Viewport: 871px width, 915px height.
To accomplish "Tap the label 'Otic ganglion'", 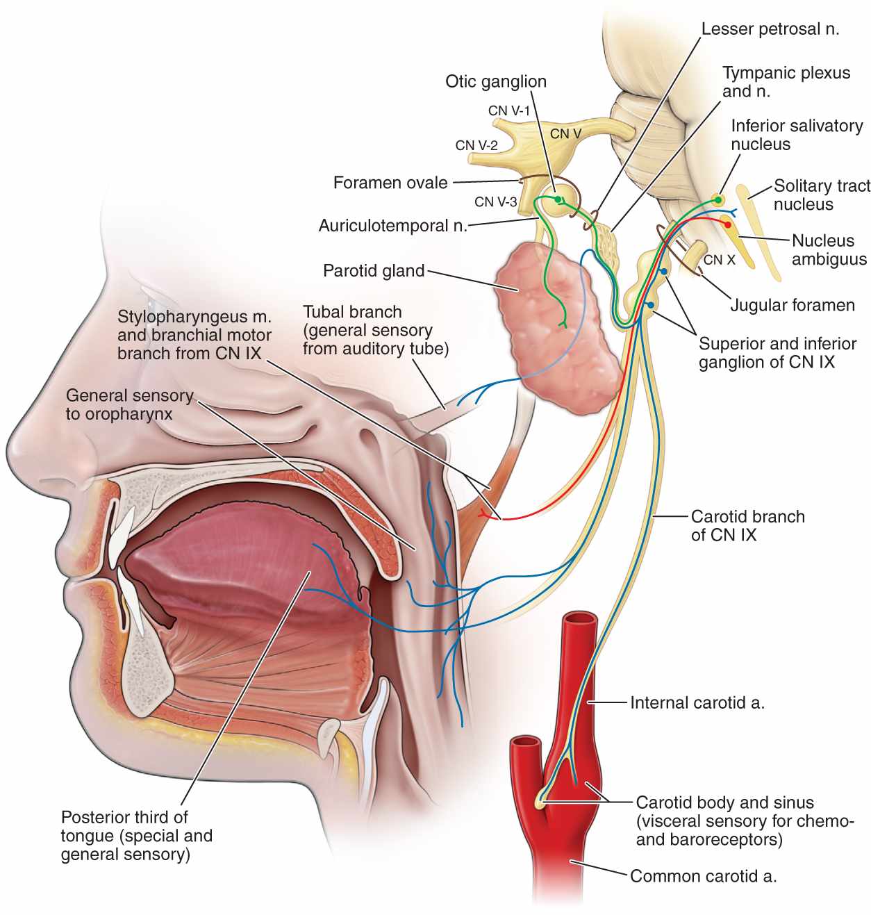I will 495,81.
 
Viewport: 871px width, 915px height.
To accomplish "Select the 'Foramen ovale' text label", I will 390,183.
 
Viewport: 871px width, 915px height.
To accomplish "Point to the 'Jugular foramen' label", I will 792,305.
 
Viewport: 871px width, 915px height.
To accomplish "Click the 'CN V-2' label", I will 476,145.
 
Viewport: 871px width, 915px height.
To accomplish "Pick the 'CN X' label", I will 719,260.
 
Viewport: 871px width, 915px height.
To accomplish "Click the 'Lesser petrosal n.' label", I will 770,28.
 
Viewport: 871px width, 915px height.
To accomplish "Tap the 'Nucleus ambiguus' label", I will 829,250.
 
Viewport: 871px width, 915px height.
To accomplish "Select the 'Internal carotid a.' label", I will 697,702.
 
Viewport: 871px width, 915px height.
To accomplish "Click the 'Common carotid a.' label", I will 703,876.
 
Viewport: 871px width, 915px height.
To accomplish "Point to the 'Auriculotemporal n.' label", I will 392,226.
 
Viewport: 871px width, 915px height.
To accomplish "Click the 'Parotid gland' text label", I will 374,270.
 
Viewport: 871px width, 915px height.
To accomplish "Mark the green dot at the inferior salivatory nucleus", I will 718,200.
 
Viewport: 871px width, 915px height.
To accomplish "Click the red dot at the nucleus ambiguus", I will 727,224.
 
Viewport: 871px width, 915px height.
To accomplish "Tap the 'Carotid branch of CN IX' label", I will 747,525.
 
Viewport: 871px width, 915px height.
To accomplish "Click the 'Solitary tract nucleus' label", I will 822,195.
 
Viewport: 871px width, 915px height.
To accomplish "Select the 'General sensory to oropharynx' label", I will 129,404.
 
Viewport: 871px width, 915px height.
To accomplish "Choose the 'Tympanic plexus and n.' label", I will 786,82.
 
